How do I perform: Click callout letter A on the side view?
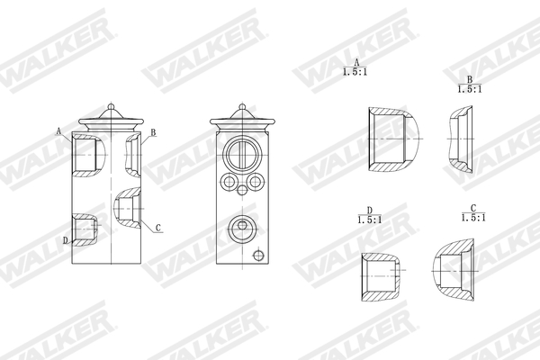(x=59, y=131)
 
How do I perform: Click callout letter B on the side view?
(x=154, y=132)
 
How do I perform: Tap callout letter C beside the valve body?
(x=157, y=228)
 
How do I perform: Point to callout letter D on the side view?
(x=66, y=239)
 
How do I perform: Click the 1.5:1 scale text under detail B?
(x=469, y=89)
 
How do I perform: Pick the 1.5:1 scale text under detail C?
(x=472, y=218)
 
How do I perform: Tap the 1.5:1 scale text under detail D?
(x=369, y=220)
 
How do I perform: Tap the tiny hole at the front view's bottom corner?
(x=259, y=256)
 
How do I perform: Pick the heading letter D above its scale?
(x=369, y=210)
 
